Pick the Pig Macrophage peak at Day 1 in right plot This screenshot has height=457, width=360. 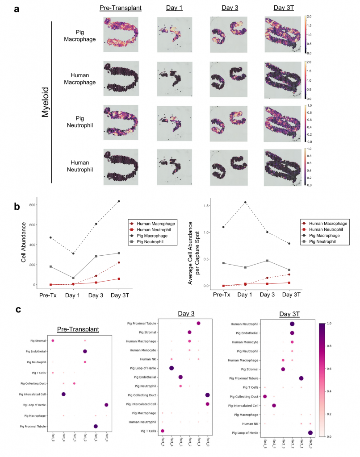click(245, 202)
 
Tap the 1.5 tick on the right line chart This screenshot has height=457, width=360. click(206, 206)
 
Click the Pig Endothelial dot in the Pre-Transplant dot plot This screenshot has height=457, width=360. click(85, 351)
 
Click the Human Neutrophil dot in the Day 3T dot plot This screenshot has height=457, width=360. click(292, 324)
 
